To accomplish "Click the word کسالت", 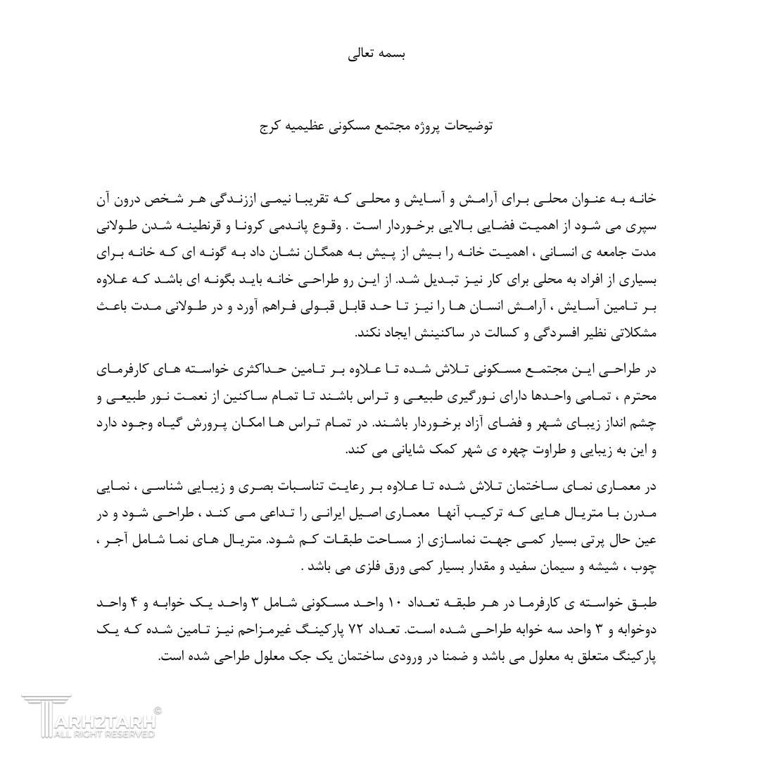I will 455,333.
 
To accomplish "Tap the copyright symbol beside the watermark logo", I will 157,711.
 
